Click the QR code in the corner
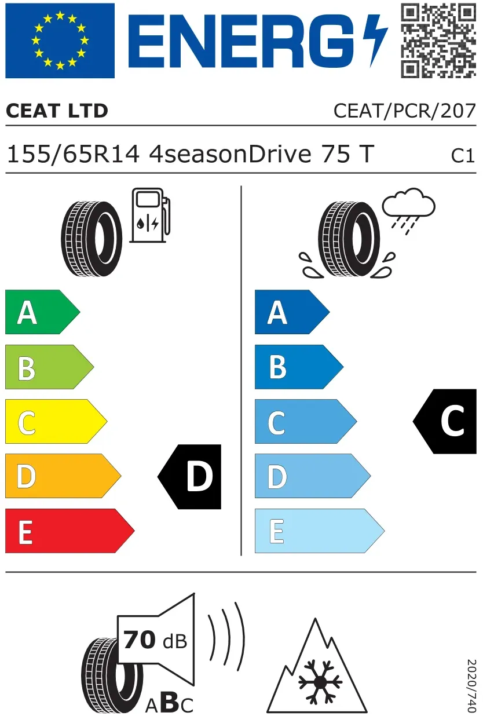(x=438, y=41)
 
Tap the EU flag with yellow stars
(x=60, y=41)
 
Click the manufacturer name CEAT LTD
(x=57, y=111)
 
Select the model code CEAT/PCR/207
(x=405, y=111)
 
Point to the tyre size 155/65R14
(x=73, y=155)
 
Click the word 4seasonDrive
(x=230, y=155)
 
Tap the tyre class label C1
(x=463, y=156)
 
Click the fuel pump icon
(x=150, y=215)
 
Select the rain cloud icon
(x=409, y=211)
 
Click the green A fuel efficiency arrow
(x=42, y=312)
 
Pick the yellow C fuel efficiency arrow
(x=56, y=421)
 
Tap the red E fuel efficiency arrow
(x=69, y=531)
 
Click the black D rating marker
(x=189, y=477)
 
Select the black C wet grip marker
(x=445, y=421)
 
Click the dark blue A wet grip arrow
(x=292, y=312)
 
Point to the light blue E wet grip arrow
(x=319, y=531)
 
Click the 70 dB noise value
(x=155, y=640)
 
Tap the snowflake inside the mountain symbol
(x=320, y=682)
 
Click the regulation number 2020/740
(x=471, y=686)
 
